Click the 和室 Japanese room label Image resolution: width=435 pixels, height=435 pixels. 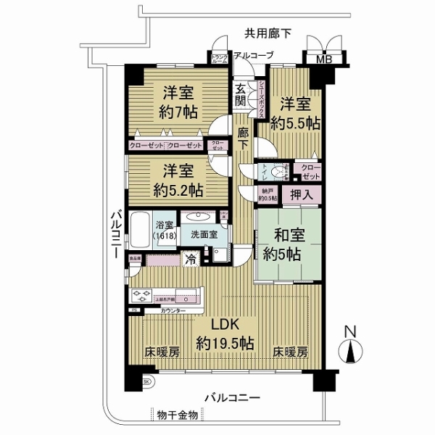pyautogui.click(x=287, y=235)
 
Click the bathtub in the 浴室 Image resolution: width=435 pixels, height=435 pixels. pyautogui.click(x=141, y=231)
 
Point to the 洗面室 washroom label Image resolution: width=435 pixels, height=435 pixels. pyautogui.click(x=204, y=235)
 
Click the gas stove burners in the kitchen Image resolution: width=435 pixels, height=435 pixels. pyautogui.click(x=138, y=296)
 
